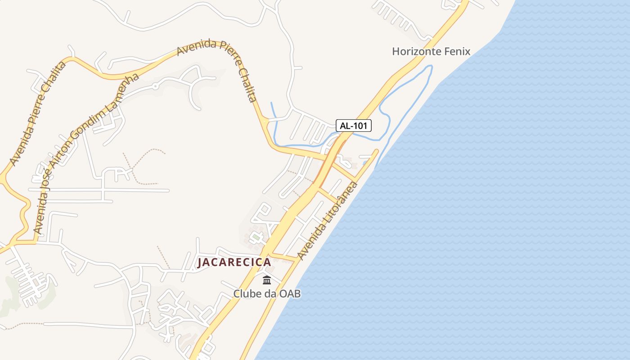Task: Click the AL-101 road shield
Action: tap(354, 126)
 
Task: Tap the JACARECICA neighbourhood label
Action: tap(234, 262)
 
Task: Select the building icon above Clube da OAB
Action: tap(267, 280)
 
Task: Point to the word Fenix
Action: tap(458, 51)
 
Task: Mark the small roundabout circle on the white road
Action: tap(155, 85)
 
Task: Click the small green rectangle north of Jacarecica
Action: tap(256, 236)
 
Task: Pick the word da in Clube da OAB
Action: tap(270, 294)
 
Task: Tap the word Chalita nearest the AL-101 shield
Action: tap(247, 84)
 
